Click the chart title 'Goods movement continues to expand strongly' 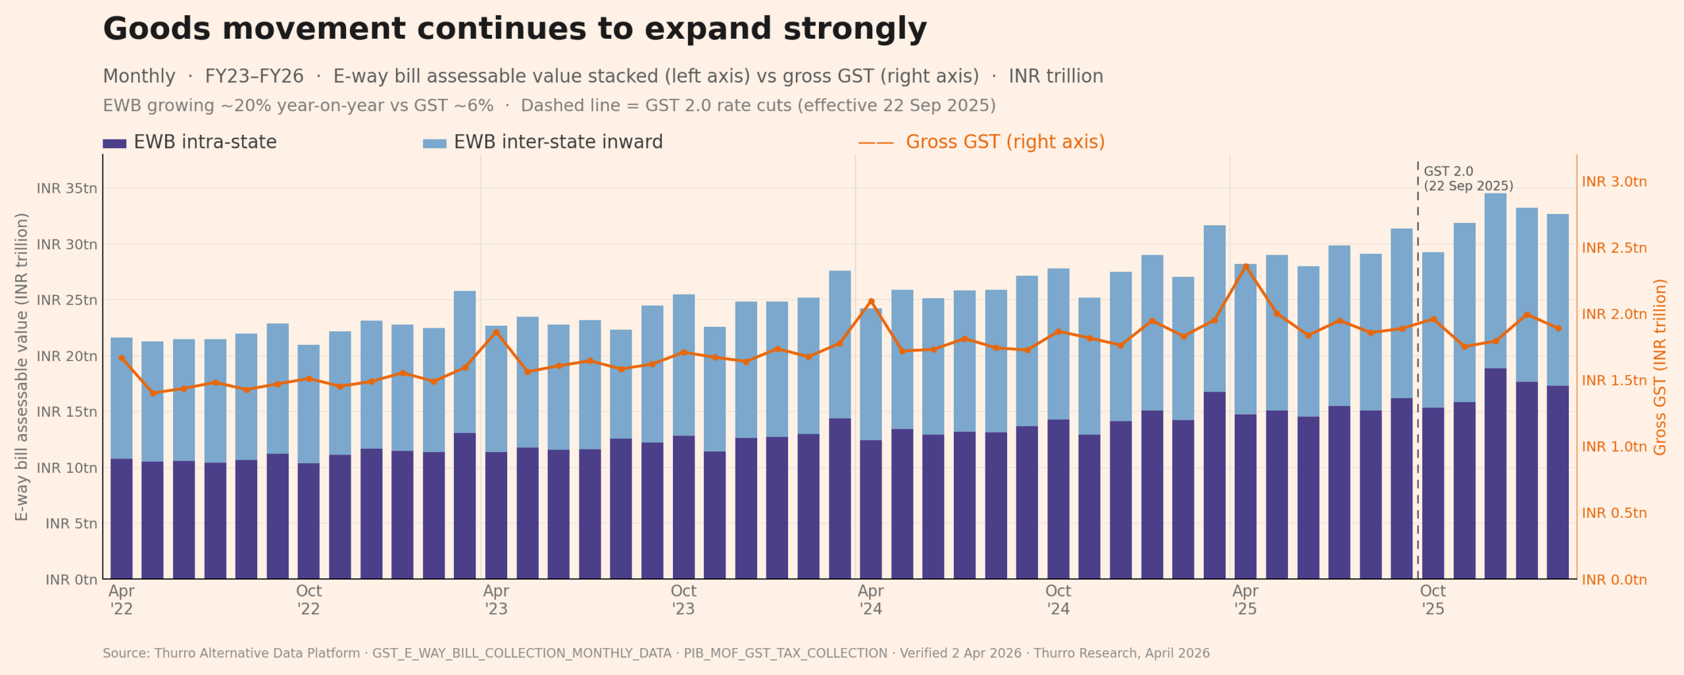[x=514, y=29]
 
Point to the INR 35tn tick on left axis [x=66, y=189]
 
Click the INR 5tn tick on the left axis [x=71, y=524]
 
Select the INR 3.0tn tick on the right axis [x=1614, y=182]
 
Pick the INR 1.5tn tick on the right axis [x=1614, y=381]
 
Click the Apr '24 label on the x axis [x=870, y=599]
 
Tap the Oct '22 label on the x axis [x=309, y=599]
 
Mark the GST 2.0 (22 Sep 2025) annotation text [x=1468, y=179]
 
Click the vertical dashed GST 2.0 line [x=1418, y=368]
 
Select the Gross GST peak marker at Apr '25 [x=1245, y=266]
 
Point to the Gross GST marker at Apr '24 [x=871, y=301]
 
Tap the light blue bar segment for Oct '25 [x=1433, y=329]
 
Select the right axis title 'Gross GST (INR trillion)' [x=1660, y=366]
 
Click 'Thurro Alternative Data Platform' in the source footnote [x=257, y=653]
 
